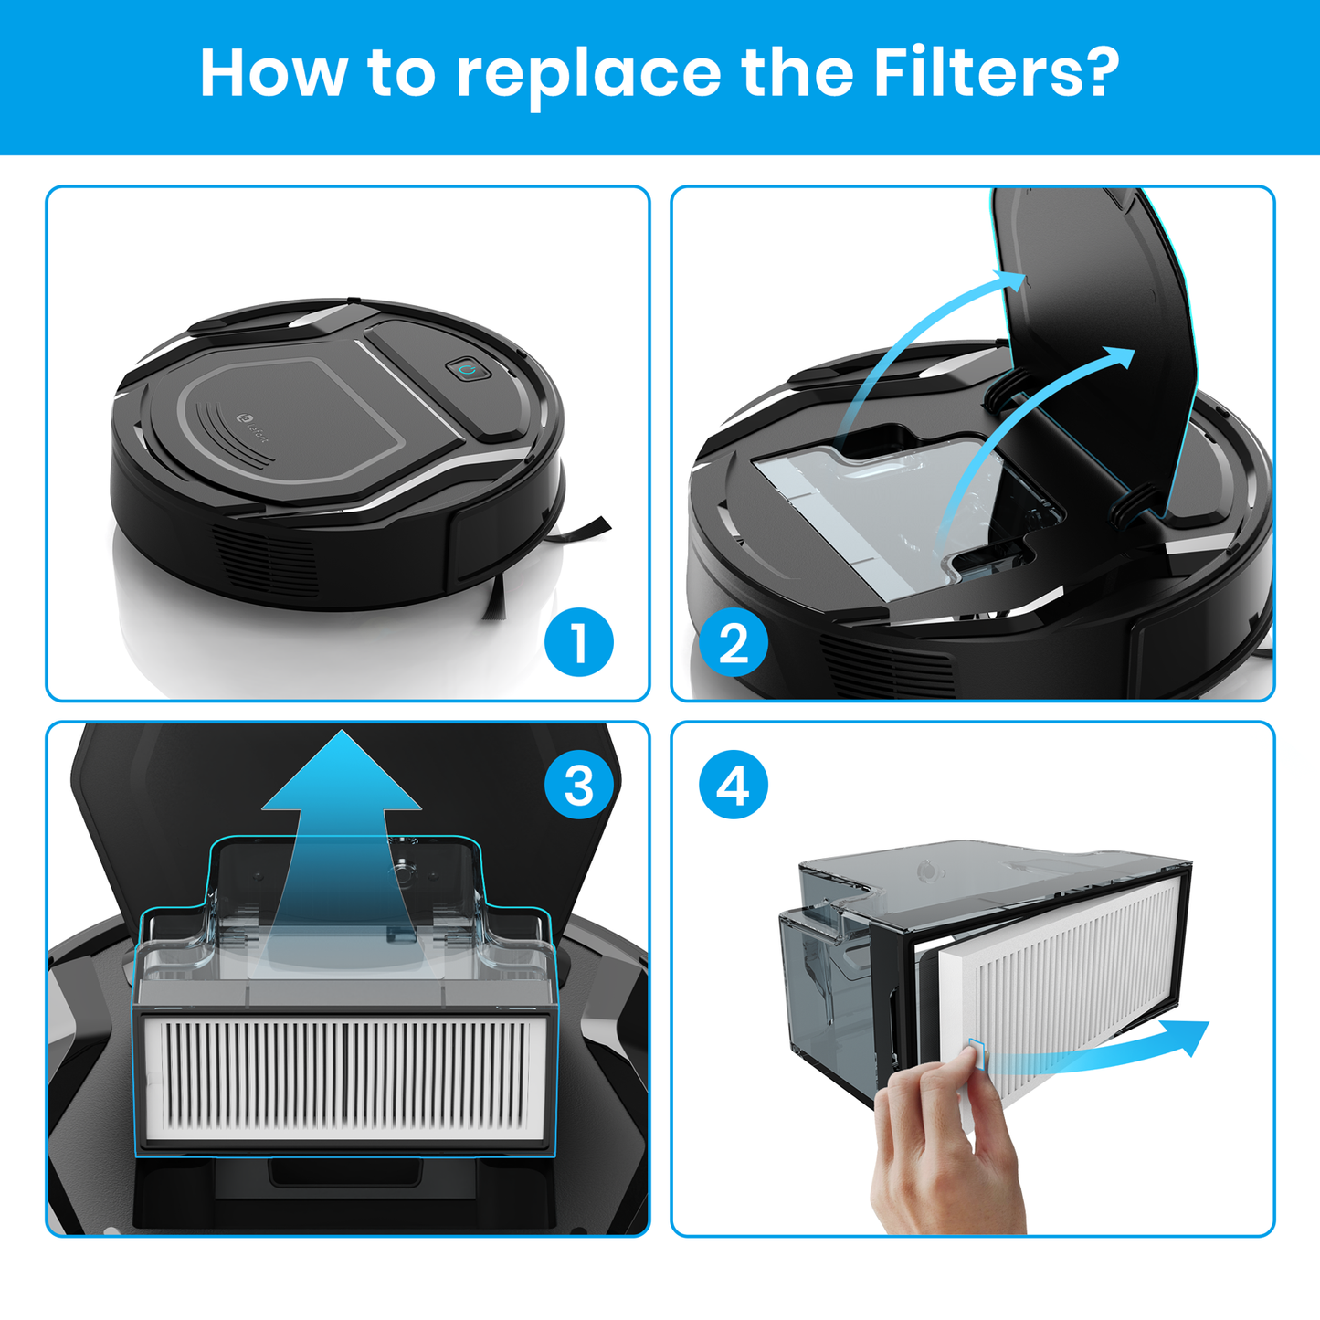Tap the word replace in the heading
588,78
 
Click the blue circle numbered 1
579,642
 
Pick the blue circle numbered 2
734,642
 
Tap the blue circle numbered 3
579,785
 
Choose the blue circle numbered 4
734,785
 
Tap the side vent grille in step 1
266,560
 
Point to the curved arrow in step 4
1096,1049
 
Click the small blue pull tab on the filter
977,1052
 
